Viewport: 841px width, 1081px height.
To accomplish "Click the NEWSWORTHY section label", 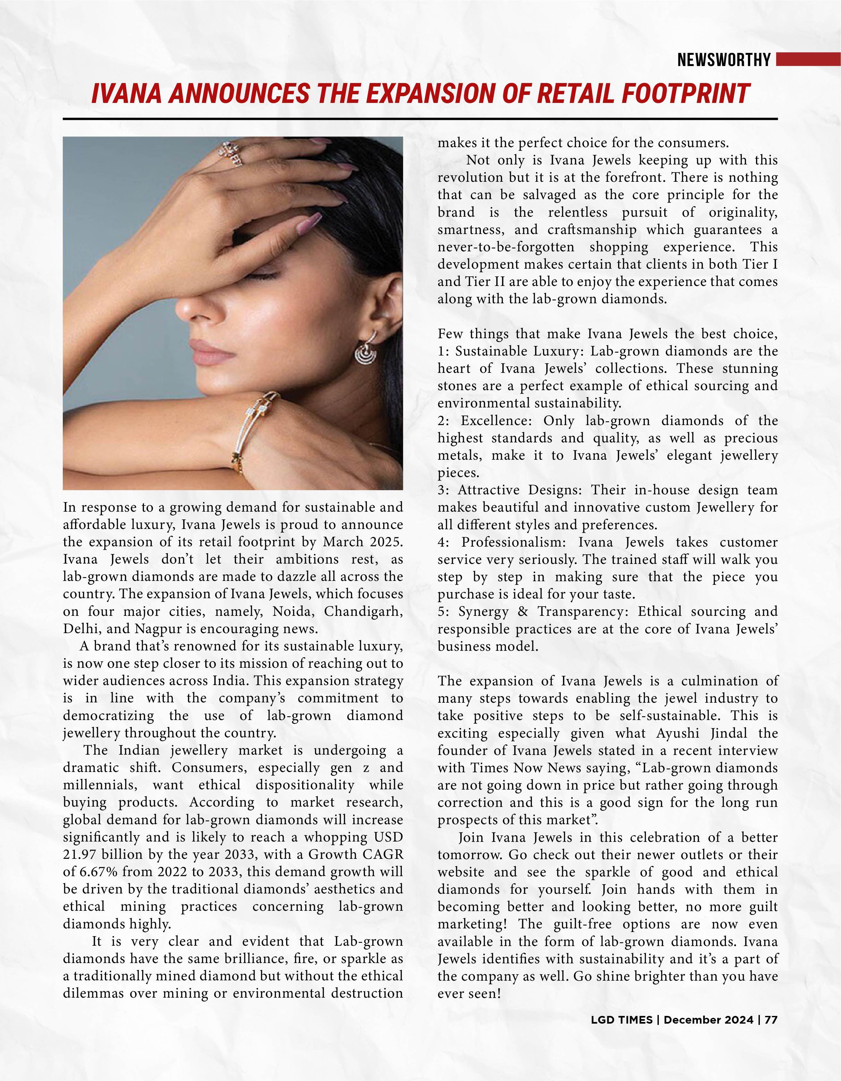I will point(724,60).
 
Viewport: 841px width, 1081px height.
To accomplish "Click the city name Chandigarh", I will point(363,611).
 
